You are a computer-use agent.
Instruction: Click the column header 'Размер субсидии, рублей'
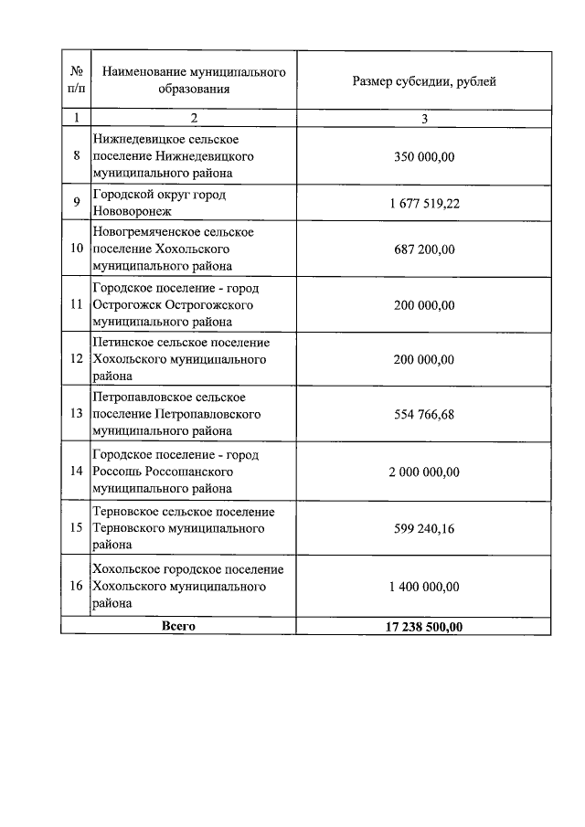pyautogui.click(x=424, y=81)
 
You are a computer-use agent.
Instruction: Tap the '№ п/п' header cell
pyautogui.click(x=76, y=80)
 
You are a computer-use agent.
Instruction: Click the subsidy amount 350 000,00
pyautogui.click(x=424, y=156)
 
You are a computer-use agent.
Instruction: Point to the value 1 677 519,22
pyautogui.click(x=424, y=203)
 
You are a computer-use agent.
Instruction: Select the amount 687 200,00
pyautogui.click(x=424, y=249)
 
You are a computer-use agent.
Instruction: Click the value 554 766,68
pyautogui.click(x=424, y=415)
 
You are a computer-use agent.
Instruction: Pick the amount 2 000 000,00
pyautogui.click(x=424, y=472)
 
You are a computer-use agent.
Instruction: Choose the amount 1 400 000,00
pyautogui.click(x=424, y=586)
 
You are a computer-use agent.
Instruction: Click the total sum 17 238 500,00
pyautogui.click(x=424, y=626)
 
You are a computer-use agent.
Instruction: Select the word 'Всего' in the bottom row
pyautogui.click(x=178, y=626)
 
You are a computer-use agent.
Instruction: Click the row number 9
pyautogui.click(x=77, y=203)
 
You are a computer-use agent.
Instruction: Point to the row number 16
pyautogui.click(x=77, y=586)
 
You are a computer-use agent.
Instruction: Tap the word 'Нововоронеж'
pyautogui.click(x=132, y=211)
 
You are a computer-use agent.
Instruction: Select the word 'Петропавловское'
pyautogui.click(x=138, y=398)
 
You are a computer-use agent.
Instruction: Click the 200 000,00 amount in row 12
pyautogui.click(x=424, y=359)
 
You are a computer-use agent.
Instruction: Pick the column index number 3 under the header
pyautogui.click(x=424, y=118)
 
